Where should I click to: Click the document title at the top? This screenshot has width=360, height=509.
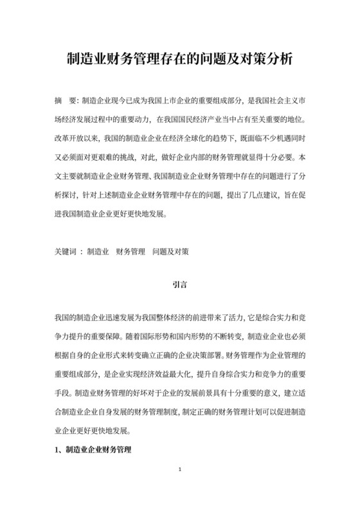(180, 60)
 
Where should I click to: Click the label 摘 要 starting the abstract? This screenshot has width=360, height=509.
(65, 102)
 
